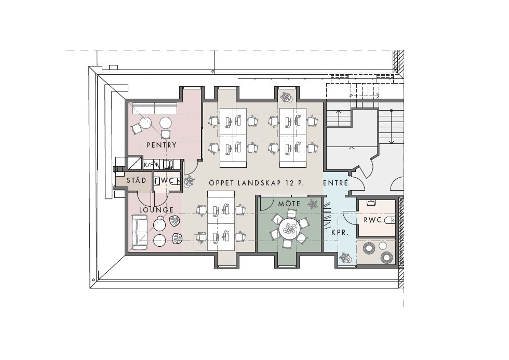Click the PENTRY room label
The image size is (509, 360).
[162, 145]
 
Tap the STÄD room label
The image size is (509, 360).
[136, 180]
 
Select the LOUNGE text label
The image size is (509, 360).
[156, 210]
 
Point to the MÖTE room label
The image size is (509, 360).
[289, 204]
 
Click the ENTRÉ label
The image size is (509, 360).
[336, 183]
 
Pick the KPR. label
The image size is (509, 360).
[340, 232]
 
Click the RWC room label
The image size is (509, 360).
[373, 220]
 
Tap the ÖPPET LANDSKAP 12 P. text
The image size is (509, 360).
[257, 183]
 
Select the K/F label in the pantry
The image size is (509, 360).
[149, 165]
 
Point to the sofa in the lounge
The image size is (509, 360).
[139, 232]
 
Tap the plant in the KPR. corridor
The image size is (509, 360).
[344, 258]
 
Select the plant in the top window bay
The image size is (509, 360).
[287, 97]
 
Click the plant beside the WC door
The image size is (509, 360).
[189, 182]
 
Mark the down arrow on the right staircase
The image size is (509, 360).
[392, 127]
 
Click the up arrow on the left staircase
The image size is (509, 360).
[339, 118]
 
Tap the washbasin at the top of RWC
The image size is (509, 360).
[371, 203]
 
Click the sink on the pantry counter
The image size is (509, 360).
[168, 165]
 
